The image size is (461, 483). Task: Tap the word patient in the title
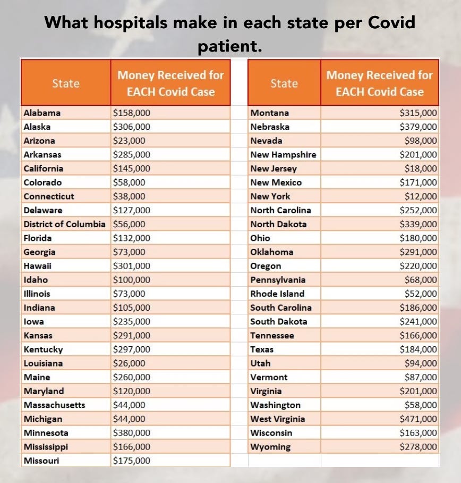click(x=230, y=47)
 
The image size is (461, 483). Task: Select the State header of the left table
click(x=66, y=84)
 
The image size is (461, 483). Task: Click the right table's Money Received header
click(x=379, y=83)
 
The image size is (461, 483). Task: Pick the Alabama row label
click(x=42, y=113)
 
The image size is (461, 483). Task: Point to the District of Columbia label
click(x=64, y=224)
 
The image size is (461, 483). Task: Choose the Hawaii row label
click(x=37, y=265)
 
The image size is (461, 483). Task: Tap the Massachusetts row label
click(x=54, y=405)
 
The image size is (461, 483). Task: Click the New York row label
click(x=270, y=196)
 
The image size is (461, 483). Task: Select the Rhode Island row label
click(x=277, y=294)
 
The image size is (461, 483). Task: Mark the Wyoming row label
click(x=271, y=447)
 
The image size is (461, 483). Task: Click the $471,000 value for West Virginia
click(x=419, y=419)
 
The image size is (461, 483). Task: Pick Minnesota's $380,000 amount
click(x=132, y=433)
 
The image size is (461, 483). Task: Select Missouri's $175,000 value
click(x=132, y=461)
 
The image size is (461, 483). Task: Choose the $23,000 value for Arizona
click(x=129, y=140)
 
